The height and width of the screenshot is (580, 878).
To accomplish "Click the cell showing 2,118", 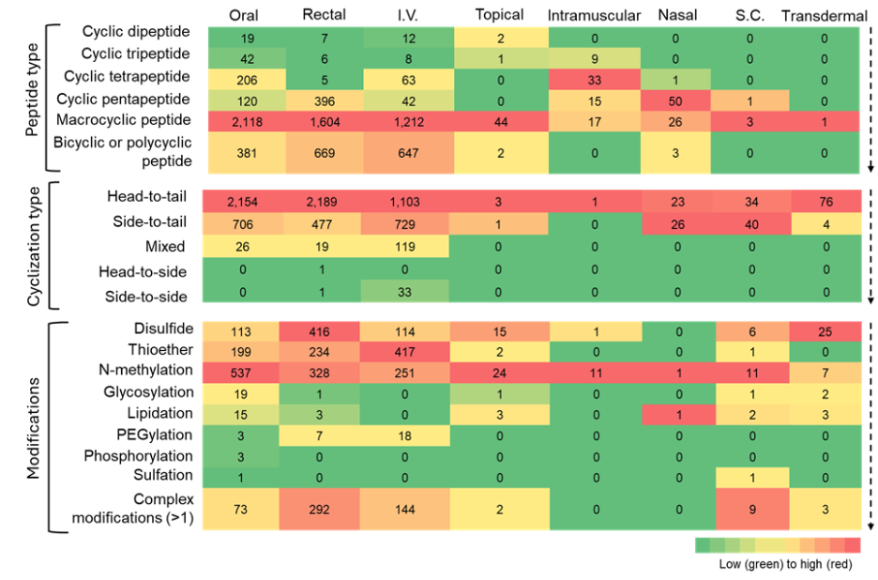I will tap(246, 122).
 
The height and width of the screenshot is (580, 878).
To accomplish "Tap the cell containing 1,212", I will tap(408, 122).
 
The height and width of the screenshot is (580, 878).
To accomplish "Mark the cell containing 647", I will tap(408, 154).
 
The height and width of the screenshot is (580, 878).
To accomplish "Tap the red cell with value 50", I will tap(675, 101).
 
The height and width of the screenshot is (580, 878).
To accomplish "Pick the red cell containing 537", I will tap(240, 373).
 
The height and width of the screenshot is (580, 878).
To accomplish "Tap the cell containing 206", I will tap(246, 81).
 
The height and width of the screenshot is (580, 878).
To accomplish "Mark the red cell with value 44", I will tap(501, 122).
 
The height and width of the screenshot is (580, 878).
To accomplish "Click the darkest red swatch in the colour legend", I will tap(853, 545).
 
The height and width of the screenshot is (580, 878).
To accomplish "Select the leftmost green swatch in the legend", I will tap(703, 545).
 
